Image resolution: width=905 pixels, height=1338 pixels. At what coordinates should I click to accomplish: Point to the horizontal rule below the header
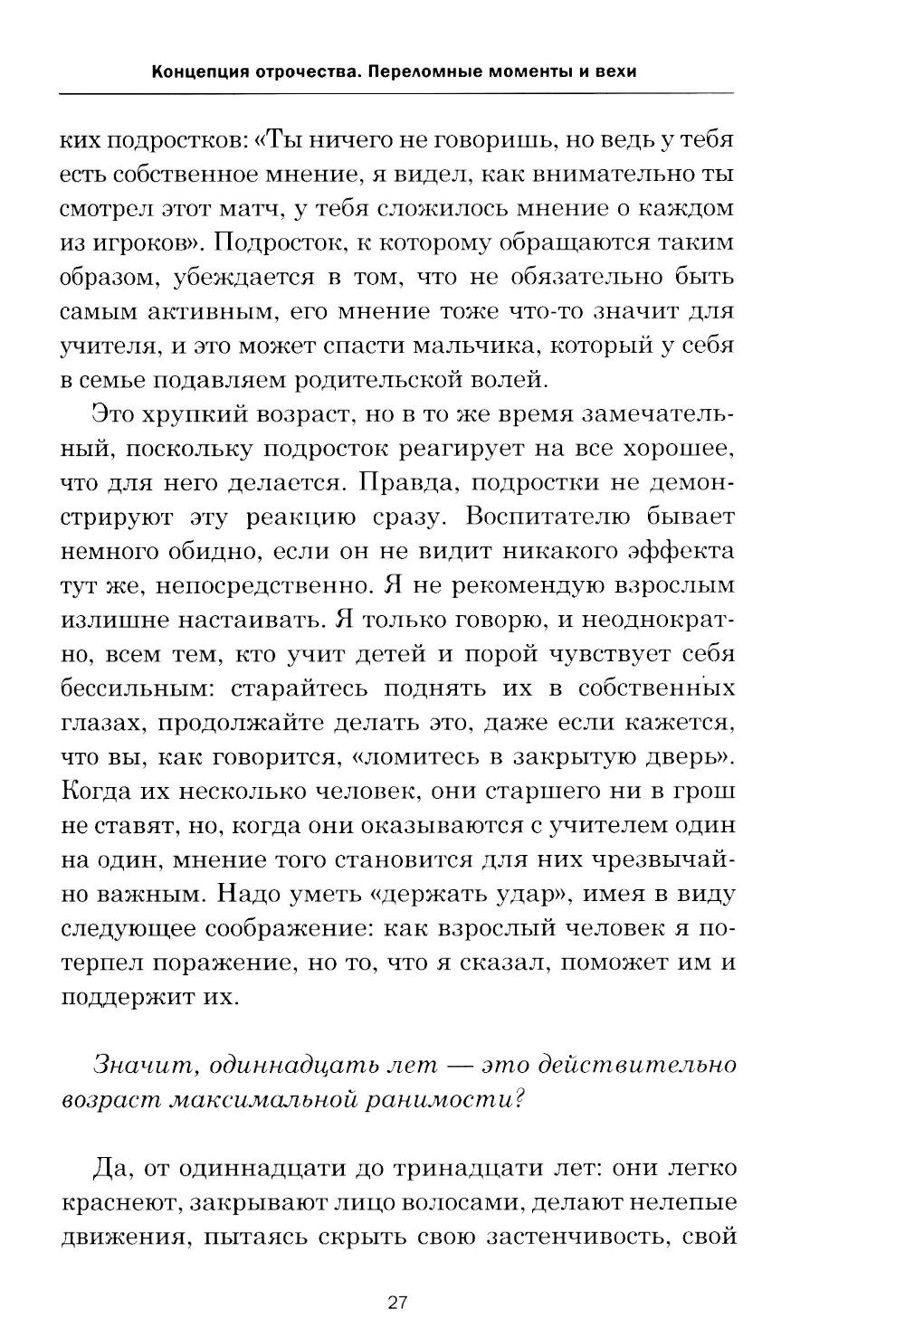(396, 93)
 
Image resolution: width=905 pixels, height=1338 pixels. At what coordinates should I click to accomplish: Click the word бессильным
(138, 688)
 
